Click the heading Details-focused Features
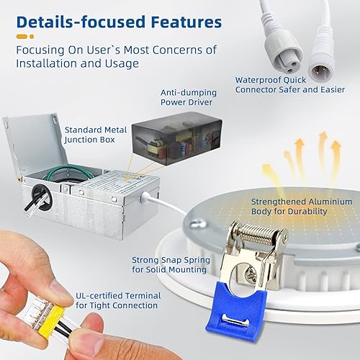[119, 22]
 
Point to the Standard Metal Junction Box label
[96, 135]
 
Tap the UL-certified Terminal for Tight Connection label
[117, 300]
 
